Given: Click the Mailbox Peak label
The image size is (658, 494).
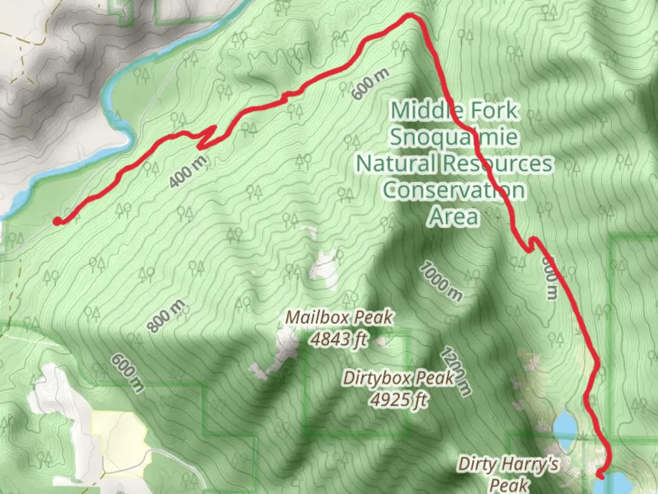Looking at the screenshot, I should click(x=339, y=317).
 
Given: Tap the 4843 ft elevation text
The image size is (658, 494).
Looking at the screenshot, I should click(x=339, y=339).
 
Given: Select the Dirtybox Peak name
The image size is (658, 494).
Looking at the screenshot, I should click(x=398, y=378).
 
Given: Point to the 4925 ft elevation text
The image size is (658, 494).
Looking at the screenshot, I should click(x=398, y=400).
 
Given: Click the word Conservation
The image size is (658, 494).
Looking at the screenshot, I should click(x=454, y=190).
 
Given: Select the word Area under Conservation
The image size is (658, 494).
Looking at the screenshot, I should click(x=454, y=217).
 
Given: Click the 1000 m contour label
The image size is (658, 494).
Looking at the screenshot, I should click(x=440, y=282).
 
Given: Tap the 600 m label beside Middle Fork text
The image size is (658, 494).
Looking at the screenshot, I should click(x=371, y=84).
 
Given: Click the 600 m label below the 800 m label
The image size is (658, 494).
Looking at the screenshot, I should click(x=127, y=373).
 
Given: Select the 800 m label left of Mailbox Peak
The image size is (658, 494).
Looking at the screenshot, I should click(x=166, y=316).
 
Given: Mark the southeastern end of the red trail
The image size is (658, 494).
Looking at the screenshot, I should click(x=600, y=476).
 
